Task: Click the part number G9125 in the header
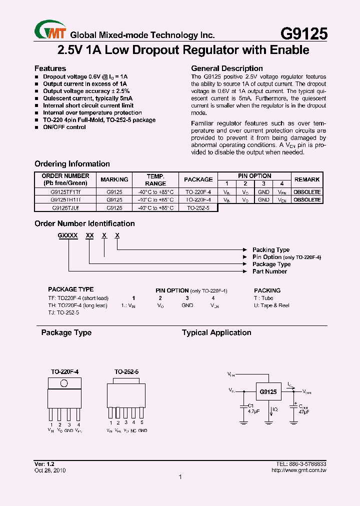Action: point(303,34)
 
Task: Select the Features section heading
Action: point(50,68)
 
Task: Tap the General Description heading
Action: point(227,68)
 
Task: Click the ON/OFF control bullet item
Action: point(64,127)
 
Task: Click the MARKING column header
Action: point(114,179)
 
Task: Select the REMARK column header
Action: point(307,179)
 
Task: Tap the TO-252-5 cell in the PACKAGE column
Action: point(198,207)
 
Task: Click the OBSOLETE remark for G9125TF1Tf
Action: point(307,192)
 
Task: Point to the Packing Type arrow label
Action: point(270,249)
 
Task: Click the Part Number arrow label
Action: point(269,271)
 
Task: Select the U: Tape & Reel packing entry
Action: point(271,305)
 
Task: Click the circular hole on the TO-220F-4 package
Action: point(64,383)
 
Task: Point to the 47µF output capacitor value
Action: point(303,411)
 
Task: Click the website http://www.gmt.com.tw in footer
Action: point(299,470)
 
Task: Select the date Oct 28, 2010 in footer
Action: point(50,470)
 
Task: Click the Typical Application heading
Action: point(216,332)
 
